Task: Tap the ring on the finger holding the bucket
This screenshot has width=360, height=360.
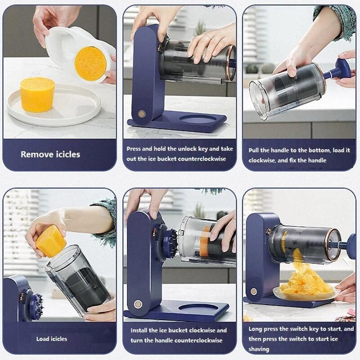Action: [x=208, y=37]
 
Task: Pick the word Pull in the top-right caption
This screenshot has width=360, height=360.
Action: [x=255, y=150]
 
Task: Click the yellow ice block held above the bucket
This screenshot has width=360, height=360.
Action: [x=50, y=241]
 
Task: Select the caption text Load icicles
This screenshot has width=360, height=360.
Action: [x=52, y=339]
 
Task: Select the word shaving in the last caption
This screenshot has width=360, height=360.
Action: [x=259, y=349]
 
